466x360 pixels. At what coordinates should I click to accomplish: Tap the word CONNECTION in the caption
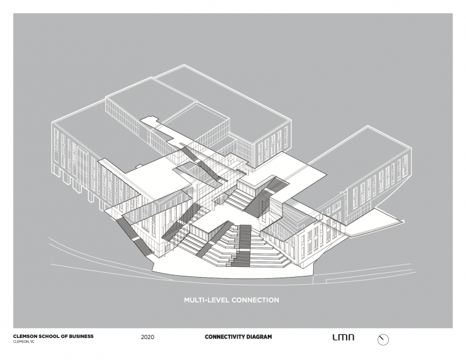(255, 300)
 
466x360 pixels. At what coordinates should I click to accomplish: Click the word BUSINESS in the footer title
(81, 336)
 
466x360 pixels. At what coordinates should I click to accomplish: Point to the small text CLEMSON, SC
(24, 341)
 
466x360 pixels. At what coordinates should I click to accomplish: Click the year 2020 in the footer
(148, 337)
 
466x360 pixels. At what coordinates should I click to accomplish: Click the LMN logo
(344, 337)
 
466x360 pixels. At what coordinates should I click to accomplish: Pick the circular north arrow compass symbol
(383, 340)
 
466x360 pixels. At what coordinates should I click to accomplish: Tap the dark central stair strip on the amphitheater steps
(242, 245)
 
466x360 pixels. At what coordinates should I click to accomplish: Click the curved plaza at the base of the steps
(232, 272)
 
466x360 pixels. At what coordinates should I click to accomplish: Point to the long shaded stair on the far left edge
(134, 236)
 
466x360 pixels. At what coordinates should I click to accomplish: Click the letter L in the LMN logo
(335, 337)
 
